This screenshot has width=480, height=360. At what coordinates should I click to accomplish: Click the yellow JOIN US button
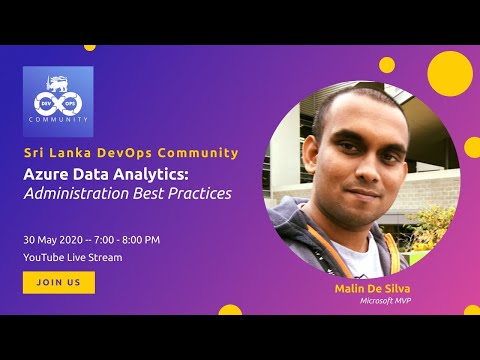(59, 282)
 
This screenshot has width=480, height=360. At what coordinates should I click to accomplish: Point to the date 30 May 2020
(54, 240)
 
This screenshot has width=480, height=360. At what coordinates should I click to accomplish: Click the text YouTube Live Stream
(72, 257)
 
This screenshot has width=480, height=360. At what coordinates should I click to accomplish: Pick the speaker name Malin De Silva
(358, 288)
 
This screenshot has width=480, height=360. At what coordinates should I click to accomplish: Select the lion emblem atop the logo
(58, 79)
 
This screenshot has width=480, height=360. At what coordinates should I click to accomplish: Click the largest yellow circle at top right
(449, 73)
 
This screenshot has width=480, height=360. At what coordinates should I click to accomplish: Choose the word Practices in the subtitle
(198, 193)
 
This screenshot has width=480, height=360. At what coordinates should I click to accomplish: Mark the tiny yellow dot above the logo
(90, 47)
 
